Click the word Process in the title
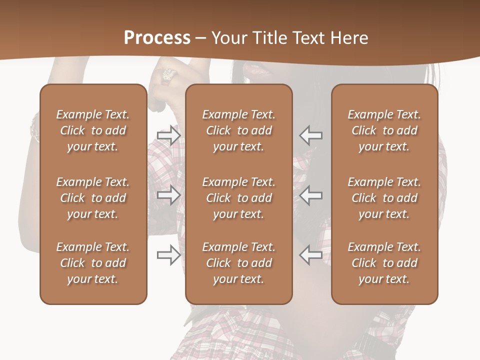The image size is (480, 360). (157, 38)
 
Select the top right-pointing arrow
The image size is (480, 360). (169, 135)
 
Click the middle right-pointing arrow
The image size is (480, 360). (169, 195)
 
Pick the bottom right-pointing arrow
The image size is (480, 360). (169, 255)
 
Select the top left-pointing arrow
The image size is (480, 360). (311, 135)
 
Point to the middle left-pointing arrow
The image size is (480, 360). (311, 195)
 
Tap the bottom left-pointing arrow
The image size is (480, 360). (311, 255)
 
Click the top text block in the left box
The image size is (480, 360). (93, 130)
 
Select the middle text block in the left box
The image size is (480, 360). (93, 198)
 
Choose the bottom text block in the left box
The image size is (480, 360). (93, 263)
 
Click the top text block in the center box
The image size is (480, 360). (239, 130)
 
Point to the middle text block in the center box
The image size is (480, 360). (239, 198)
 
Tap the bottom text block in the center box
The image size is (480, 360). (239, 263)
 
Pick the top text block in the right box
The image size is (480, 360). (384, 130)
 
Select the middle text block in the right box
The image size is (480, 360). (384, 198)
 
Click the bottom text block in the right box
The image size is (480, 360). (384, 263)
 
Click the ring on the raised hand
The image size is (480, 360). (167, 75)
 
